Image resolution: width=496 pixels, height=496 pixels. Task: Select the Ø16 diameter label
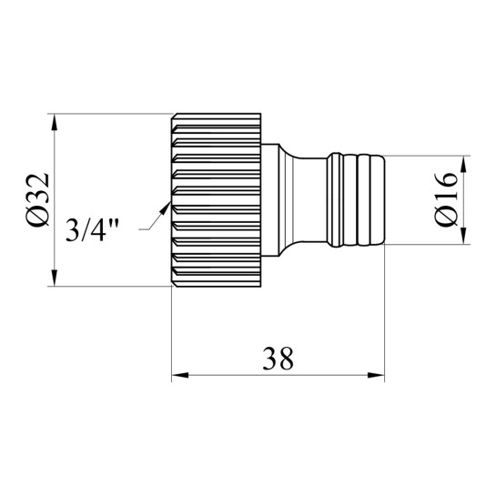[446, 199]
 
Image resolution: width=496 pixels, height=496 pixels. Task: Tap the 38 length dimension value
[278, 359]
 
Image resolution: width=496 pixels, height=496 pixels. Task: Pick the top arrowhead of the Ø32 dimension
[55, 122]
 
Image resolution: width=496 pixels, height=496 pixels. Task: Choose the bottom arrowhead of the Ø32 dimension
[55, 278]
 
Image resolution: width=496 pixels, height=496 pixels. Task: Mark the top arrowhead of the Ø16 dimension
[463, 164]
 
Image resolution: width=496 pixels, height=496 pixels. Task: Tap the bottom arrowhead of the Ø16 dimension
[463, 236]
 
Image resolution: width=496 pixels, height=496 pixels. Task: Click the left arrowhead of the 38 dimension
[180, 376]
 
